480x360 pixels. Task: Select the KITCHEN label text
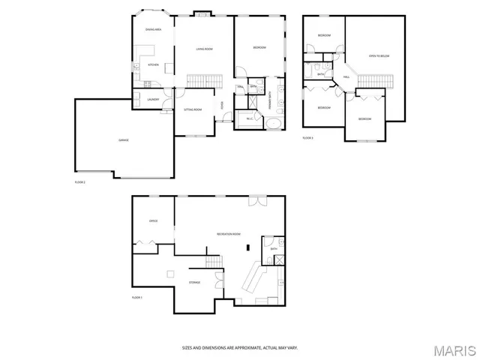point(153,65)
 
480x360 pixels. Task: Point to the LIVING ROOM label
point(204,49)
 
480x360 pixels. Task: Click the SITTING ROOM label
point(193,109)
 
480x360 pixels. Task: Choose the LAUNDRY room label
point(152,99)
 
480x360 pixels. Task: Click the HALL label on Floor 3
point(346,77)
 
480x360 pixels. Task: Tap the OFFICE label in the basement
point(153,221)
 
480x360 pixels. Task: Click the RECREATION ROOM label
point(229,235)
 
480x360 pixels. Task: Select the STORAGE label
point(194,283)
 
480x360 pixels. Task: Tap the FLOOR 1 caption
point(136,298)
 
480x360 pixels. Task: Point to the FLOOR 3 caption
point(308,138)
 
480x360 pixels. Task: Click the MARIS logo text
point(453,349)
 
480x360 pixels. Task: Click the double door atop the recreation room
point(256,199)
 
